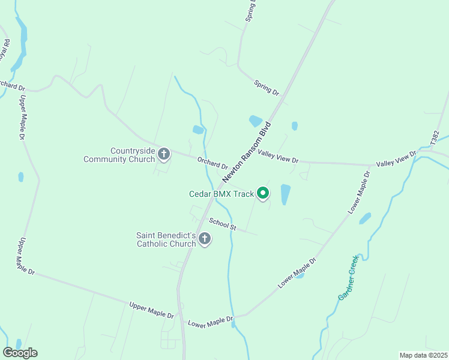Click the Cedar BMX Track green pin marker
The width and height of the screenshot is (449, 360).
pyautogui.click(x=262, y=193)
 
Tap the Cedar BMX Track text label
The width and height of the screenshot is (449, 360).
pyautogui.click(x=221, y=194)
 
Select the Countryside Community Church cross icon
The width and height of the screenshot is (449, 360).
pyautogui.click(x=163, y=155)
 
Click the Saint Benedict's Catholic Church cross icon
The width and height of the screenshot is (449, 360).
pyautogui.click(x=204, y=239)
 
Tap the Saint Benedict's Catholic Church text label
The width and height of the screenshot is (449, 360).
pyautogui.click(x=166, y=240)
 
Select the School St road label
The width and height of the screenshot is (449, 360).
pyautogui.click(x=223, y=224)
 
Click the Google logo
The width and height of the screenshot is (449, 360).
pyautogui.click(x=20, y=352)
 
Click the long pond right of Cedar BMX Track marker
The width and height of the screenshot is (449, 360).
pyautogui.click(x=285, y=194)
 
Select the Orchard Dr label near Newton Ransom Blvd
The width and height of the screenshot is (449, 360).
pyautogui.click(x=212, y=163)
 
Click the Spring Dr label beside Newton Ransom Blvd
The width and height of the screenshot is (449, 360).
pyautogui.click(x=267, y=88)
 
